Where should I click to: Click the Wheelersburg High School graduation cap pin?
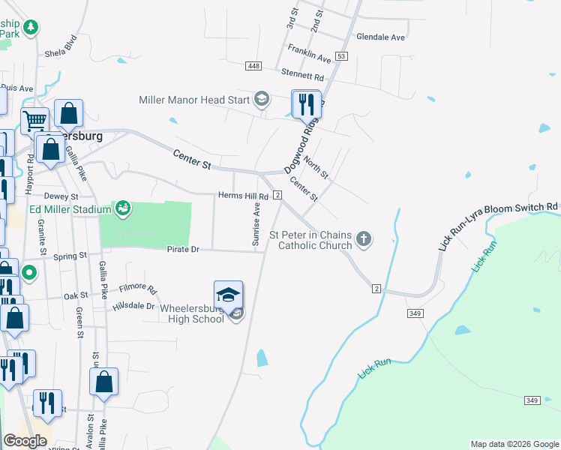229,295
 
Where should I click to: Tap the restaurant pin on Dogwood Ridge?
305,104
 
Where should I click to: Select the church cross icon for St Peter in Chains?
364,239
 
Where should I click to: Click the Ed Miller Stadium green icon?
124,209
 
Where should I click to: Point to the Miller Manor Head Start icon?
261,99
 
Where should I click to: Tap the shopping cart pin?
34,121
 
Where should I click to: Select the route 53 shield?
342,56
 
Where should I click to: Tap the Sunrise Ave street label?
256,223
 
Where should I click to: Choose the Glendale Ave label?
380,37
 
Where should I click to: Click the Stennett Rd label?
302,76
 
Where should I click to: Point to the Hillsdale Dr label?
133,306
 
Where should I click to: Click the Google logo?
25,441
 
